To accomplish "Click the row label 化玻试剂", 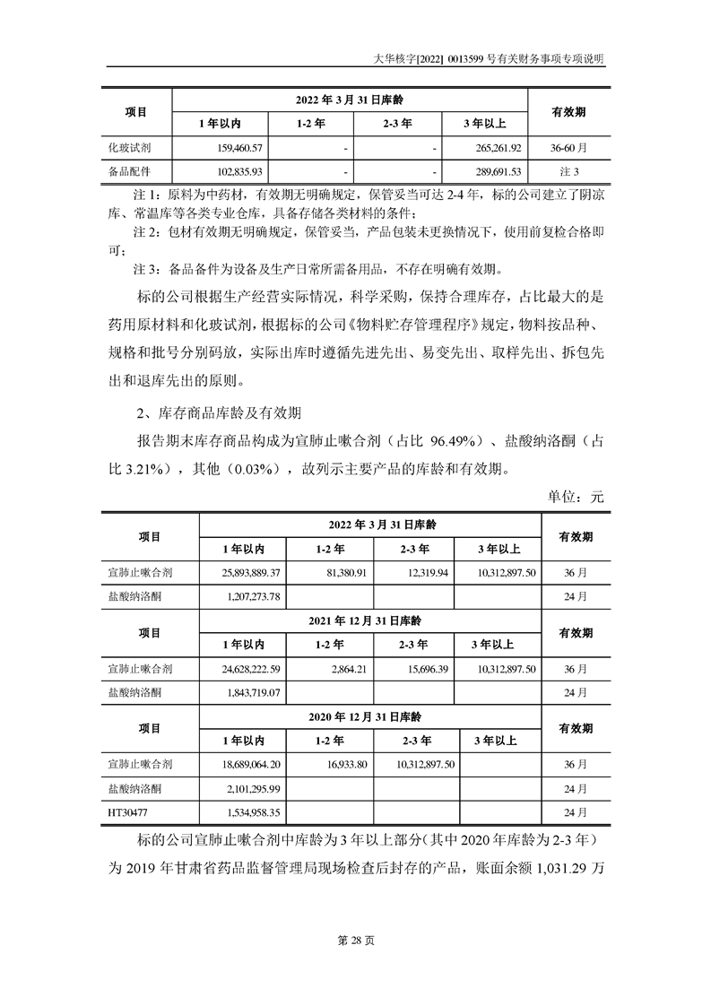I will (x=128, y=147).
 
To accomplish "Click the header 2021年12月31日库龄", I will (x=370, y=620).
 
